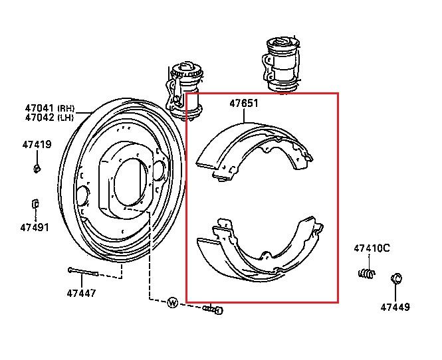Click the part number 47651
tap(244, 104)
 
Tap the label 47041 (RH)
tap(50, 108)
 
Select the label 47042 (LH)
tap(49, 117)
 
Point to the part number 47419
tap(37, 145)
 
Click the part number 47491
tap(35, 227)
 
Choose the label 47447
tap(81, 293)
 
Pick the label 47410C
tap(372, 248)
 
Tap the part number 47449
tap(395, 307)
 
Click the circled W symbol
tap(173, 303)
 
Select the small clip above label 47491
tap(35, 204)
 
